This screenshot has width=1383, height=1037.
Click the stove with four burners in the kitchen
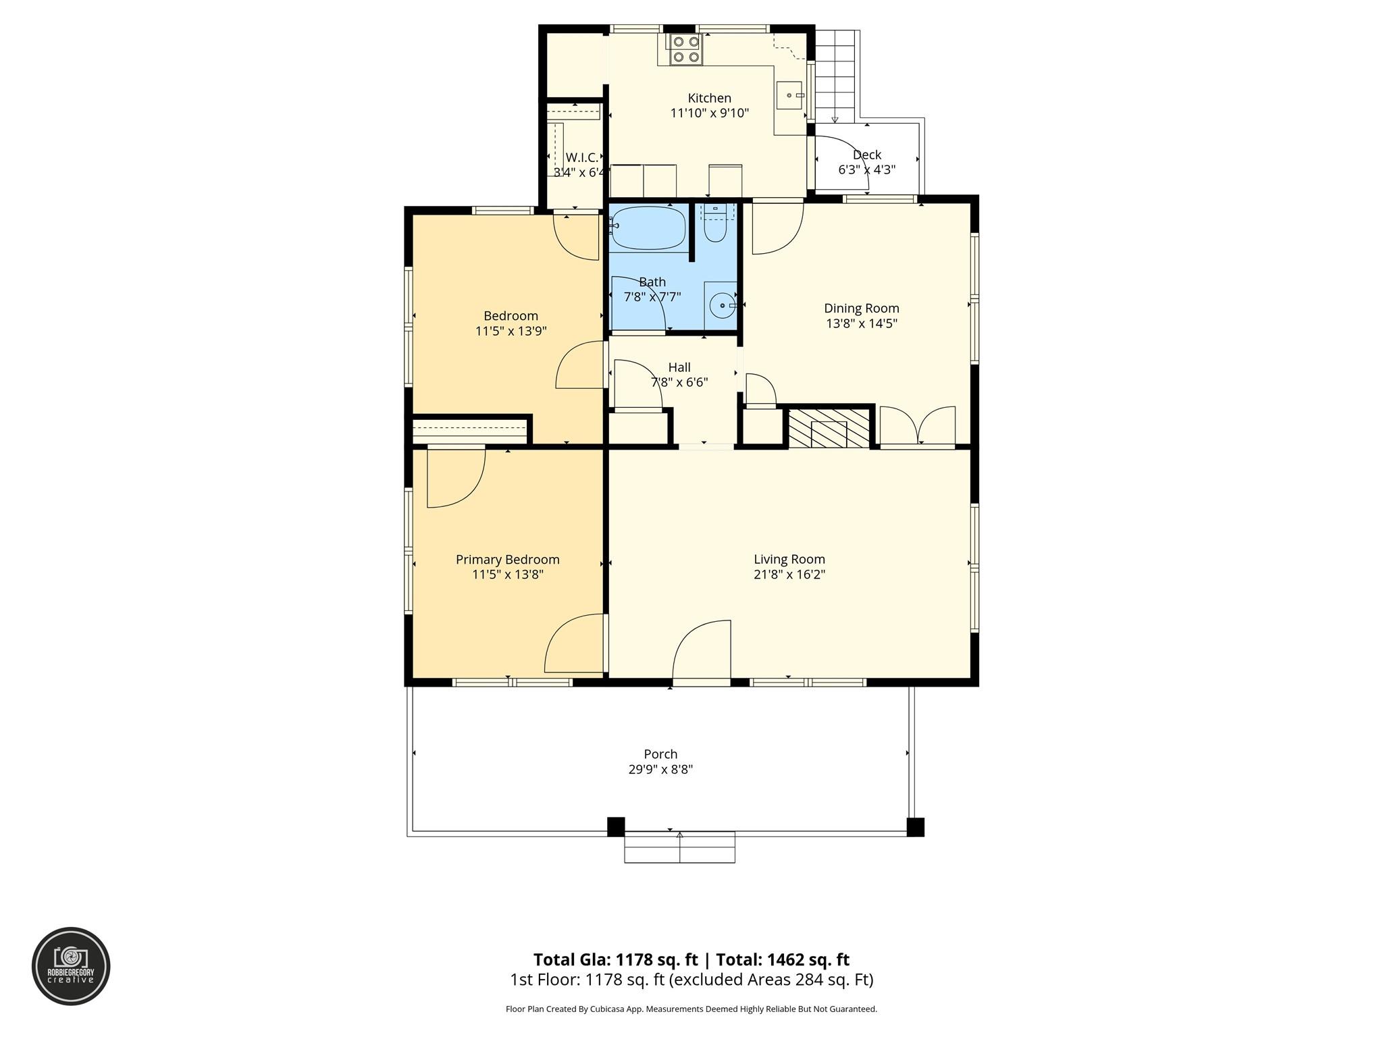click(685, 50)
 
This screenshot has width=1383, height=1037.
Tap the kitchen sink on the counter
click(789, 95)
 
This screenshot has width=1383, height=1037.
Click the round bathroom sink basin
click(722, 306)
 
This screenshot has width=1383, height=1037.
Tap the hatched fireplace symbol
click(829, 428)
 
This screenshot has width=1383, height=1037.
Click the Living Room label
click(789, 559)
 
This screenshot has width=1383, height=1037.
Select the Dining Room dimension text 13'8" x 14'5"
click(861, 323)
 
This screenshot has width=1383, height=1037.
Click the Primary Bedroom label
click(507, 559)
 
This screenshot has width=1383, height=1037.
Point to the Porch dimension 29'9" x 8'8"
click(660, 769)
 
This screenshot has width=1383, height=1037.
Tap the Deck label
click(866, 155)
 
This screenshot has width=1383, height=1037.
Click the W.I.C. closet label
click(581, 157)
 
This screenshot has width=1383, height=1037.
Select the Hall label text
click(679, 367)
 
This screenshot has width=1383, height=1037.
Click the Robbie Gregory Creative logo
click(71, 966)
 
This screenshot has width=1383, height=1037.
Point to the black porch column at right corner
click(914, 827)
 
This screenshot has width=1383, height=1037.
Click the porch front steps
click(679, 849)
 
